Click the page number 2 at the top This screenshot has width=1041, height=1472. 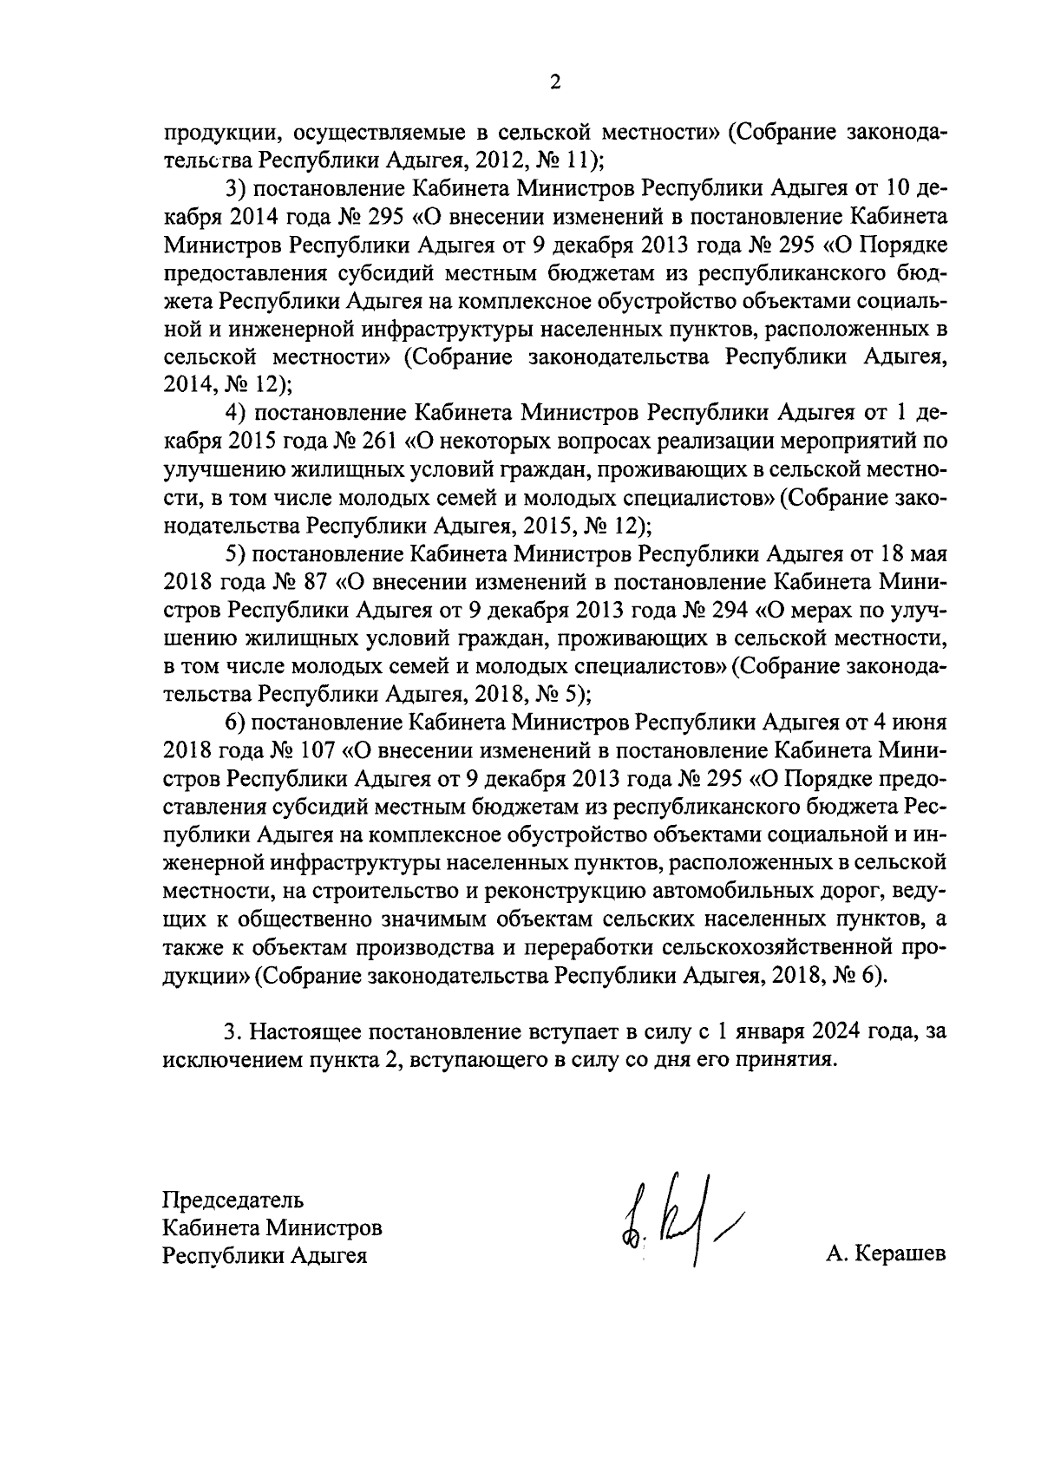[x=555, y=83]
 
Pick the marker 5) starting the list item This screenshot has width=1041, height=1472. [x=236, y=553]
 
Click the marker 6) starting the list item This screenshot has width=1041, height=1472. [x=236, y=722]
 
